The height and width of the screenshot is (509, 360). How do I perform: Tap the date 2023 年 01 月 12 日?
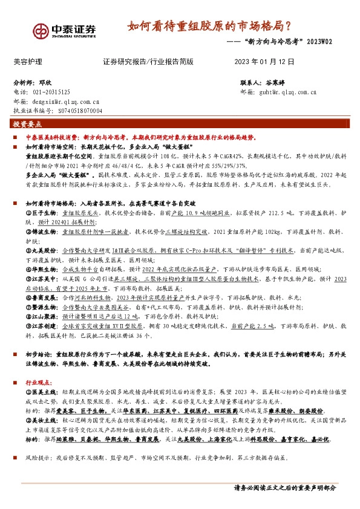[263, 62]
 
